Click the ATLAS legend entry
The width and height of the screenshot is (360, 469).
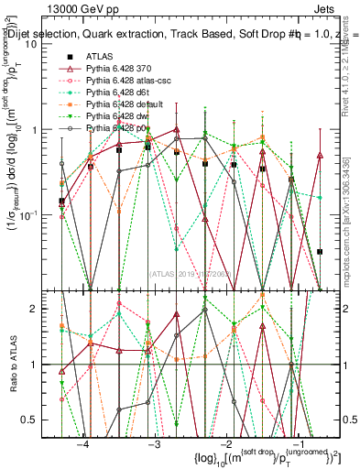click(99, 58)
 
